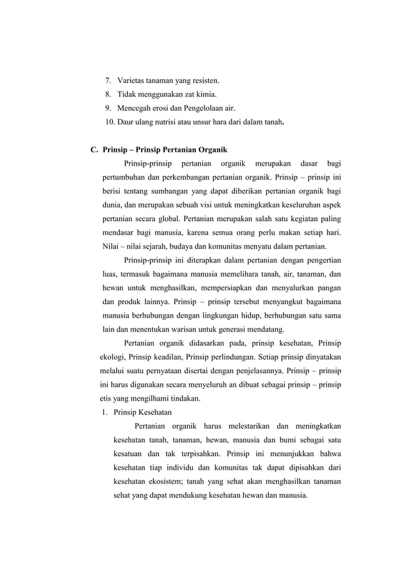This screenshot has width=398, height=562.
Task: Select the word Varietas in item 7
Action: [132, 81]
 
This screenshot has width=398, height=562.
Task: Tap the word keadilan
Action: [163, 357]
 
